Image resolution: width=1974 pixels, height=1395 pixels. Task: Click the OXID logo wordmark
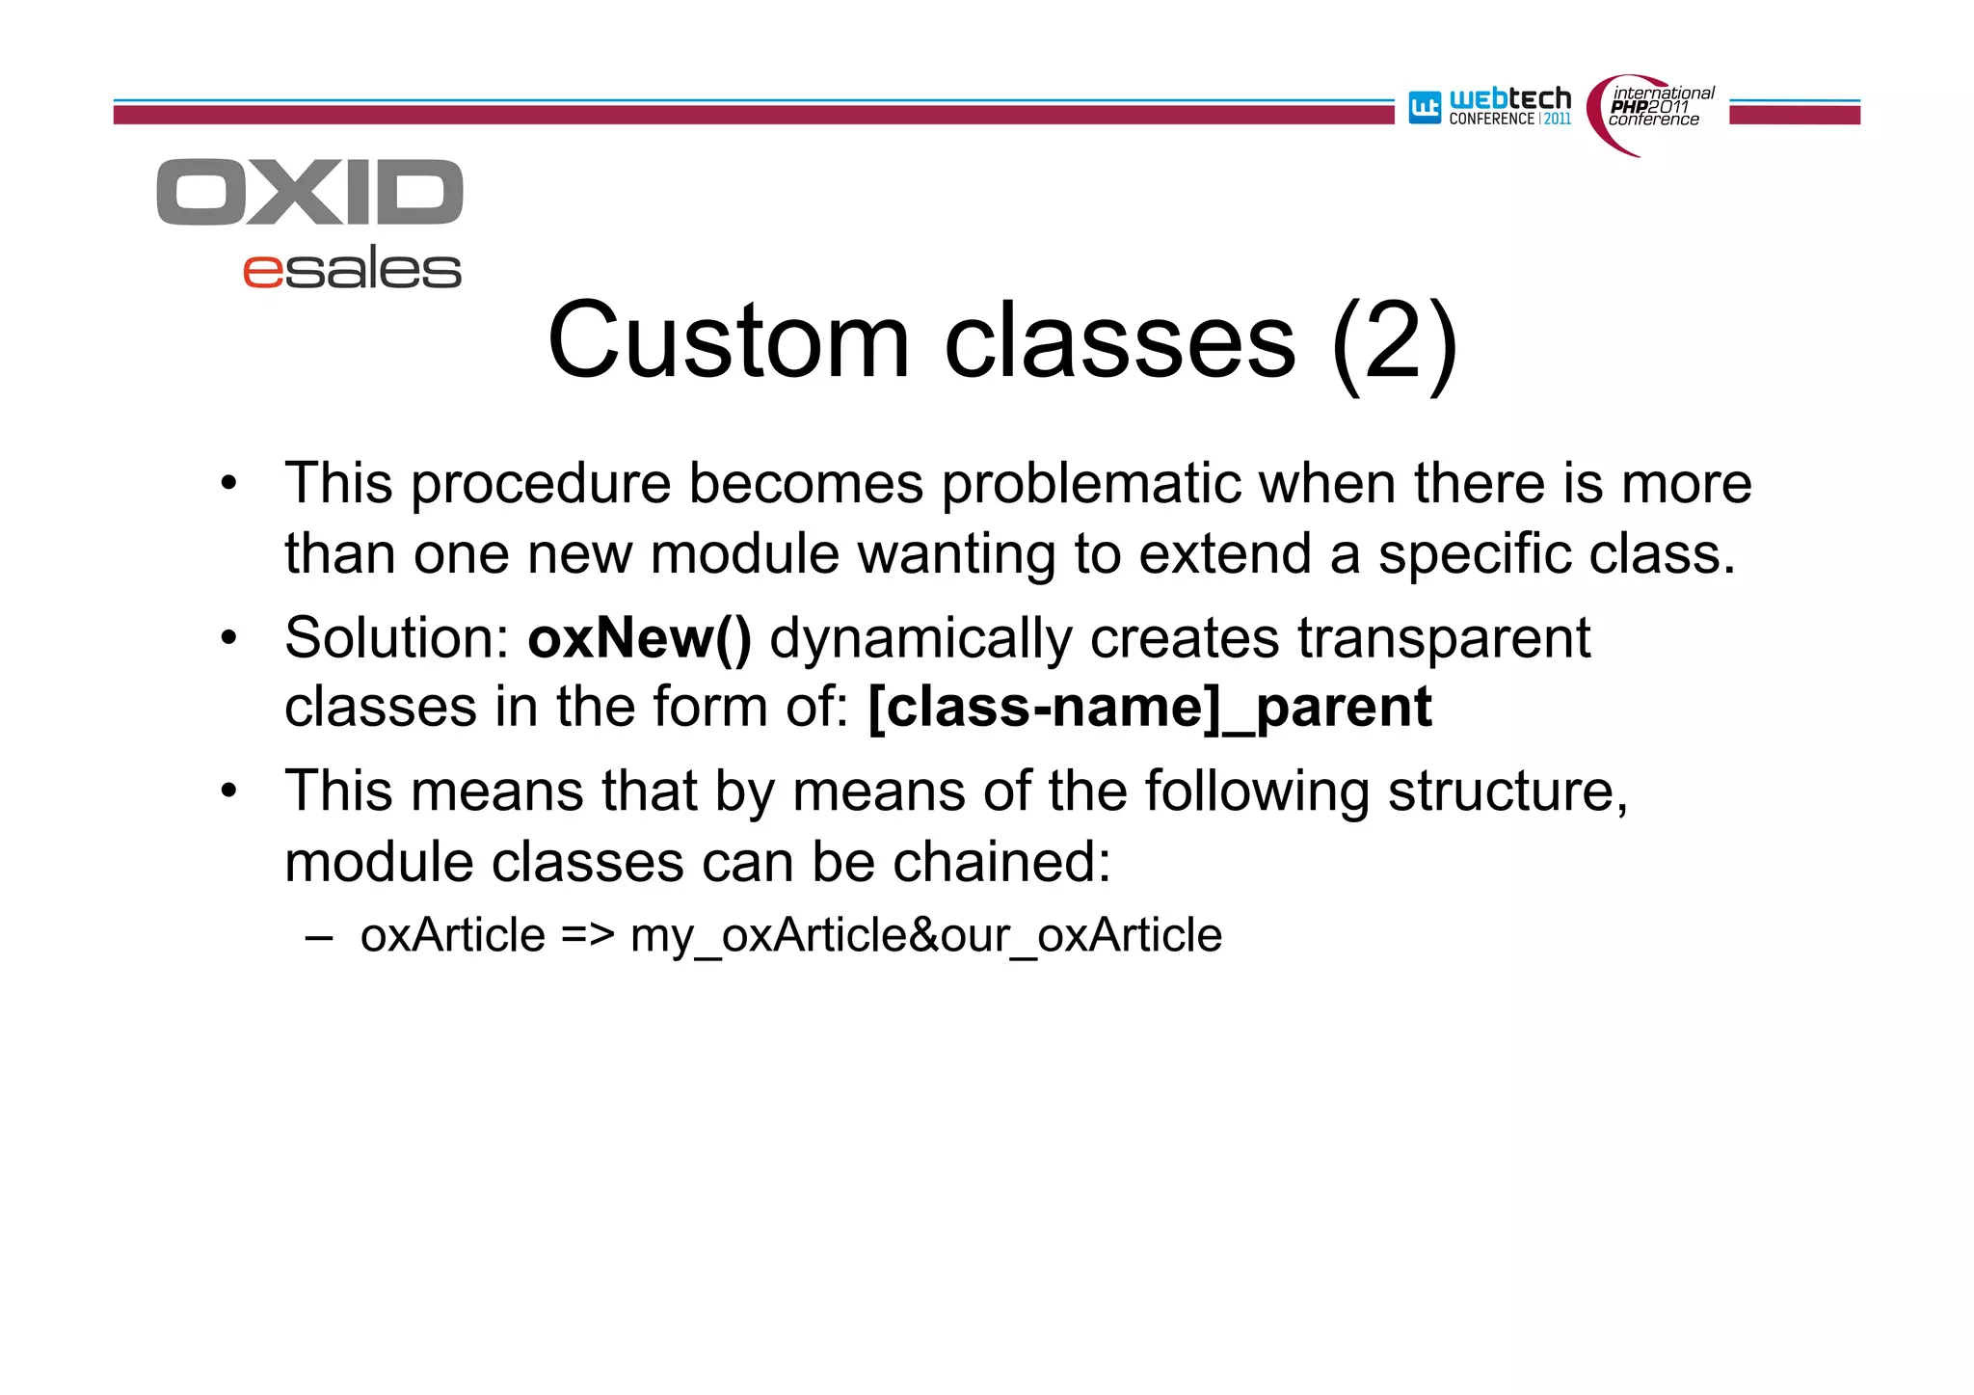tap(309, 193)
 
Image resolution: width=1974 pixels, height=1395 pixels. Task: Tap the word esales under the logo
tap(352, 270)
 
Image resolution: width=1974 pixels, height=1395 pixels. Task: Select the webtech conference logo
tap(1490, 107)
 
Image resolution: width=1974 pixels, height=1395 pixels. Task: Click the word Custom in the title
tap(728, 341)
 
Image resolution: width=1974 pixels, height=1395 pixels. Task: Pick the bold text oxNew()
tap(639, 638)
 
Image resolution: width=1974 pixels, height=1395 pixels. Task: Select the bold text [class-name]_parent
tap(1149, 708)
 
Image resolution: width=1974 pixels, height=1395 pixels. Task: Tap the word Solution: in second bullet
tap(396, 638)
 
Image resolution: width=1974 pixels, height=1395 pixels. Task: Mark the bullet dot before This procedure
tap(227, 484)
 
